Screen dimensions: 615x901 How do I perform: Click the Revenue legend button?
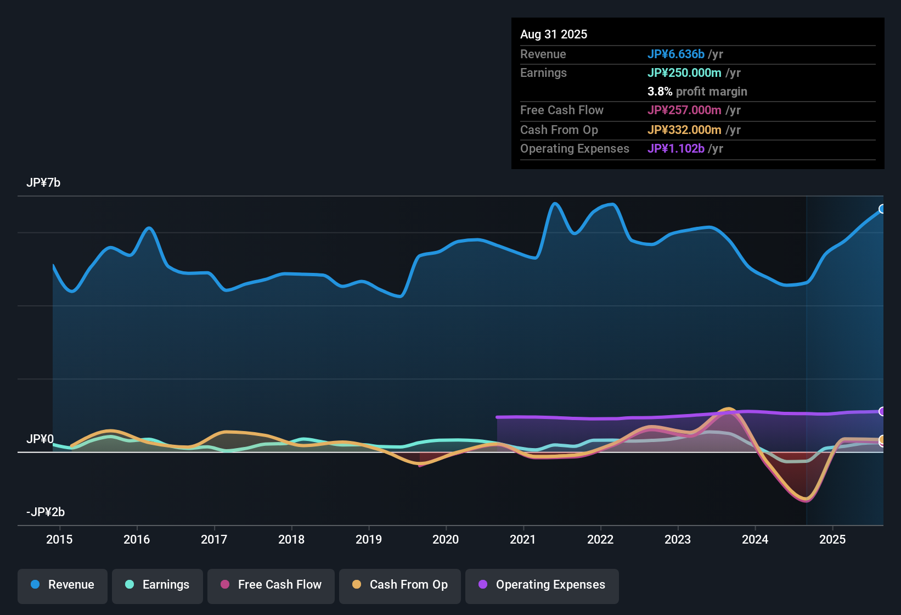(63, 585)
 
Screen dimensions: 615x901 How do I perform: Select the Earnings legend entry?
(157, 585)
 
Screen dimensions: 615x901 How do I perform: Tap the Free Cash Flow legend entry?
(271, 585)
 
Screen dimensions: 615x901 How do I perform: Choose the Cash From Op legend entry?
(400, 585)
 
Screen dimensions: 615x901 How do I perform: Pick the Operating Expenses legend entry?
(542, 585)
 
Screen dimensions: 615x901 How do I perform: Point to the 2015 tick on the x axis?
(59, 539)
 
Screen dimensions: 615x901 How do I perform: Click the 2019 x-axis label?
(369, 539)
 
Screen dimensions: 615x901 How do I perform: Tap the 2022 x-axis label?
(600, 539)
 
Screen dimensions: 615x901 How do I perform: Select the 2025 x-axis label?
(832, 539)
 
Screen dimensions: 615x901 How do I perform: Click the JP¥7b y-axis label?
(43, 183)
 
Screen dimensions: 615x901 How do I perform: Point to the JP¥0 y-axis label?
(40, 439)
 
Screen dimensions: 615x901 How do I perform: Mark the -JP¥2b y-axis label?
(46, 512)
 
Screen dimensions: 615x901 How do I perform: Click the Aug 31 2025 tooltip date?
(554, 35)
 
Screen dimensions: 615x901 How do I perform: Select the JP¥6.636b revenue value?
(675, 54)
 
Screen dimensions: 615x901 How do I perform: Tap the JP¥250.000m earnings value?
(684, 73)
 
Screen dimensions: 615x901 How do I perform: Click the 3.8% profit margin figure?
(660, 92)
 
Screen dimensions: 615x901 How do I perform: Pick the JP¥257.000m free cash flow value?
(684, 110)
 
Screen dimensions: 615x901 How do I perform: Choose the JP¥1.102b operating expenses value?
(675, 149)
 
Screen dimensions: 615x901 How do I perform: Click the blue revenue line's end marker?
(882, 209)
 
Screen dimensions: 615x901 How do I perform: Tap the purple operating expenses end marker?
(882, 411)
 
